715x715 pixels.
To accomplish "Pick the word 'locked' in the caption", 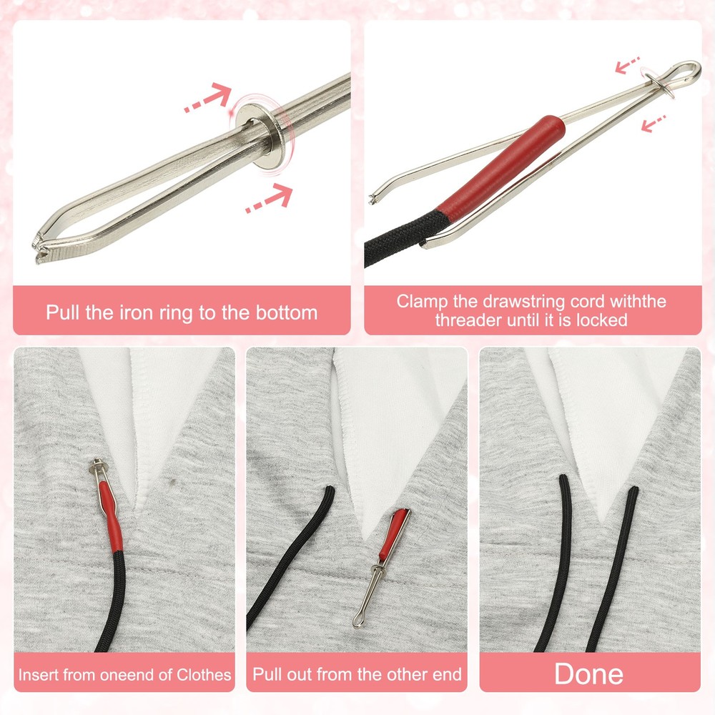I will [x=601, y=320].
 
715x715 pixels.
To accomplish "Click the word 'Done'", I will [x=588, y=674].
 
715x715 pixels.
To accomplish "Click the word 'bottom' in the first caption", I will [x=285, y=312].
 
